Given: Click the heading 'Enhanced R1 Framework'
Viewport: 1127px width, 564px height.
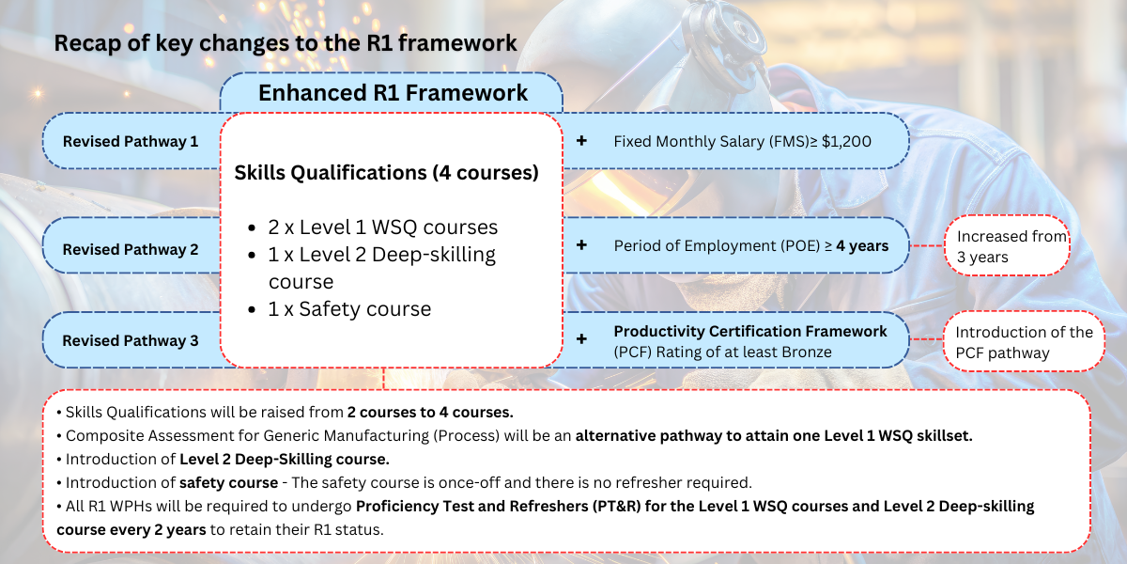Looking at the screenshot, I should point(393,93).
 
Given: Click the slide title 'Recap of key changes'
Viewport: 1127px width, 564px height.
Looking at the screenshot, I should point(285,43).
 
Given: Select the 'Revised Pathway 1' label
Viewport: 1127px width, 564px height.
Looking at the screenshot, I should point(131,142).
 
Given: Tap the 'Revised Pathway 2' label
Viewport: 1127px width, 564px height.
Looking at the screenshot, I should point(131,250).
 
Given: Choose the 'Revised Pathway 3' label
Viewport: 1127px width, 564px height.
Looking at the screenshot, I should point(131,340).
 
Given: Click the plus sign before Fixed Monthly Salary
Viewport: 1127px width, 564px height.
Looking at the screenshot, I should point(581,141).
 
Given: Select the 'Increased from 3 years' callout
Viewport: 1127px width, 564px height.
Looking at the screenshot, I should point(1010,246).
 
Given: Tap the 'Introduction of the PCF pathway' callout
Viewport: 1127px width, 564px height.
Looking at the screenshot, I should point(1024,342).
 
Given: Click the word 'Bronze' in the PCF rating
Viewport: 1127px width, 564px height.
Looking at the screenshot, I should point(808,352).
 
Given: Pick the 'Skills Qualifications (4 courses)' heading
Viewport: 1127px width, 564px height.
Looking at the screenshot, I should point(386,173).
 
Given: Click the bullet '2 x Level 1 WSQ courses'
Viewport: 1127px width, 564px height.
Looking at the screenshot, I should point(383,227).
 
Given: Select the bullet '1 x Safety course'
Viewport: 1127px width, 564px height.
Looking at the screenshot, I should point(349,309).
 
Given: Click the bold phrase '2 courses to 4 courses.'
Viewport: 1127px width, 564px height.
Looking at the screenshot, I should point(429,413).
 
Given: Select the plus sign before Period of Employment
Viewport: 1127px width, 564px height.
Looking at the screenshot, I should point(581,244).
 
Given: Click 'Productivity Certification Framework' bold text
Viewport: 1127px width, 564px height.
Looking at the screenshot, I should point(749,332).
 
